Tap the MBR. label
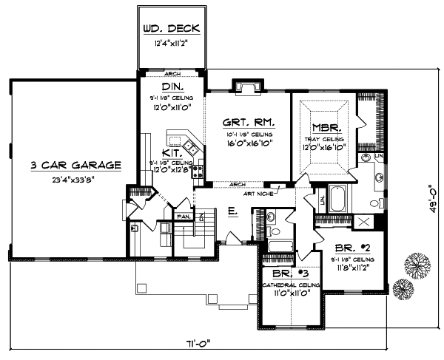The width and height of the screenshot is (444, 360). coord(325,126)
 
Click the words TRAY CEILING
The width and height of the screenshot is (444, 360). coord(325,138)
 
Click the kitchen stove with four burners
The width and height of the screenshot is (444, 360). coord(198,172)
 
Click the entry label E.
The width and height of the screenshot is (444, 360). coord(232,211)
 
